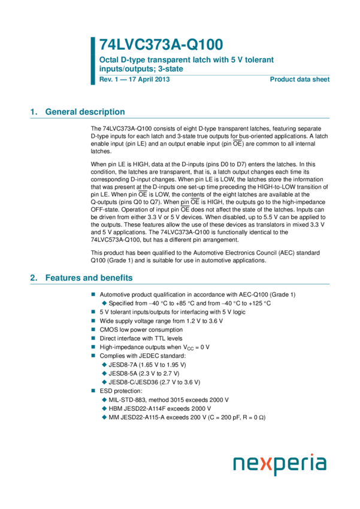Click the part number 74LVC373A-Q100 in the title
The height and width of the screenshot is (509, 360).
click(161, 45)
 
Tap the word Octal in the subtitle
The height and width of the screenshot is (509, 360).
click(108, 60)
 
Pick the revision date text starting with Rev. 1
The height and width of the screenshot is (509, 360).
click(135, 79)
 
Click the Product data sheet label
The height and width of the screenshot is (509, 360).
click(300, 79)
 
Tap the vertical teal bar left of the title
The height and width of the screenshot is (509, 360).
click(93, 60)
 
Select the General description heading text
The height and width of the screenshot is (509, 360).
click(85, 112)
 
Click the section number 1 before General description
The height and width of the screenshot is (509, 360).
click(34, 112)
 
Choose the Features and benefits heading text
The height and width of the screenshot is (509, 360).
click(89, 278)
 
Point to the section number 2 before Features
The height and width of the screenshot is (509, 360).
click(34, 278)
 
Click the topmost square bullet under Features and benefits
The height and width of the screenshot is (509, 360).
click(93, 294)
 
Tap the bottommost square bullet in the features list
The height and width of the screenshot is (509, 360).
click(93, 390)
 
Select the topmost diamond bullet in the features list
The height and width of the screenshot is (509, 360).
click(104, 303)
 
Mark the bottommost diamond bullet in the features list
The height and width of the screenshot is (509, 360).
click(104, 417)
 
